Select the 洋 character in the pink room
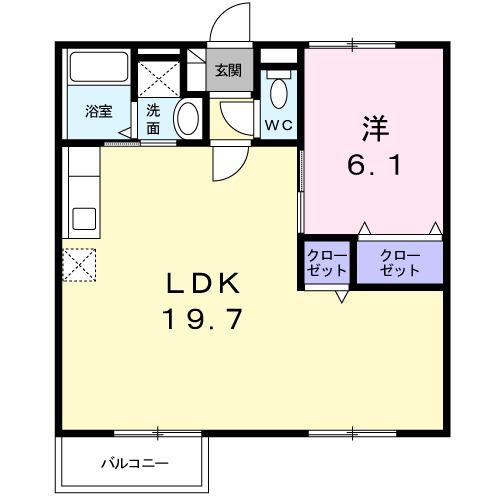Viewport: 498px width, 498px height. click(x=373, y=129)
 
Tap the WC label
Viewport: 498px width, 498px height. click(x=277, y=126)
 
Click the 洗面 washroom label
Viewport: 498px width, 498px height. click(x=153, y=118)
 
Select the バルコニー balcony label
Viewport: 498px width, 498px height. click(x=134, y=463)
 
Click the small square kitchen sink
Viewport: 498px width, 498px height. click(x=81, y=218)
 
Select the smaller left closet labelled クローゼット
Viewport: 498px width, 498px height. click(x=327, y=262)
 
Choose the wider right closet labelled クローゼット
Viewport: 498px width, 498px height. click(x=399, y=262)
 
